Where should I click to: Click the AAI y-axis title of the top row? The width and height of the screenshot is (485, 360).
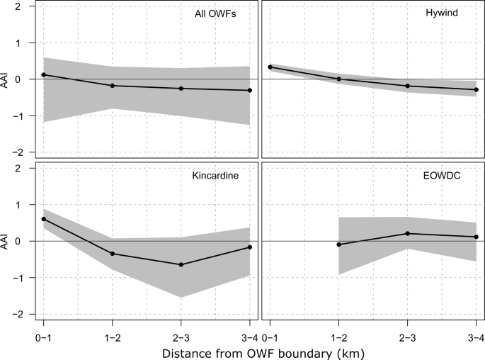coord(8,79)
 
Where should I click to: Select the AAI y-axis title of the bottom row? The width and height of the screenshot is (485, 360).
coord(8,241)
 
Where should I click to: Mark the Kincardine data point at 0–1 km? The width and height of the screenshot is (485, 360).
coord(44,219)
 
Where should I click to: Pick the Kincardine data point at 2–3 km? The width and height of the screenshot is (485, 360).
coord(181,264)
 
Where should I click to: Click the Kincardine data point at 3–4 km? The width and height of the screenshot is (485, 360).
coord(250,247)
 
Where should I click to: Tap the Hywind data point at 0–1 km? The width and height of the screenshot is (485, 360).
coord(270,67)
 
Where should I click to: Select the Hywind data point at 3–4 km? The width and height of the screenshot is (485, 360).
coord(476,90)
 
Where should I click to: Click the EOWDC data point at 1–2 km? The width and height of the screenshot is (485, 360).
coord(338,244)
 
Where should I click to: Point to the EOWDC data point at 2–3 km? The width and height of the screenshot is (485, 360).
coord(407,234)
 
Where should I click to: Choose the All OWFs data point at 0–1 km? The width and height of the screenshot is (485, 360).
coord(44,74)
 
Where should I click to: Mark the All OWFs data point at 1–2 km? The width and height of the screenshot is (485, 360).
coord(113,86)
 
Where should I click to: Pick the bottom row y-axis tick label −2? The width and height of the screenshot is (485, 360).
coord(24,314)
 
